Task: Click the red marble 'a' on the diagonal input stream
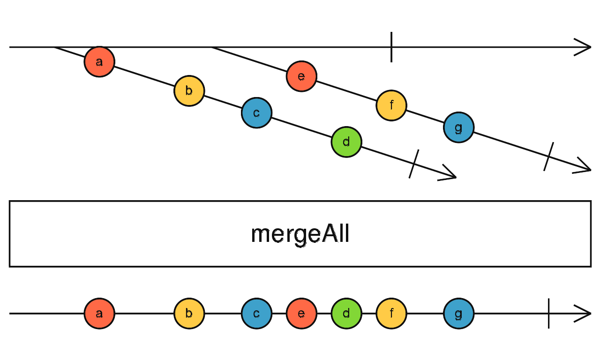[x=99, y=61]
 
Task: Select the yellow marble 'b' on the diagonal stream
[x=189, y=91]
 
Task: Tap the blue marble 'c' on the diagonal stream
[x=256, y=113]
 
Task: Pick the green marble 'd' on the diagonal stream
[x=346, y=142]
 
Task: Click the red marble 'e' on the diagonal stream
[x=301, y=76]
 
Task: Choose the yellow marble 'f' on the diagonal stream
[x=391, y=105]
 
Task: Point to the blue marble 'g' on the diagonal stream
[x=458, y=127]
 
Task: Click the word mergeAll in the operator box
[x=300, y=234]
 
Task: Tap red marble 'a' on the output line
[x=99, y=314]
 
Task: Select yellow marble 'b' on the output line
[x=189, y=314]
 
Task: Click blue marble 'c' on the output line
[x=256, y=314]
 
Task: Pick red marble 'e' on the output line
[x=301, y=314]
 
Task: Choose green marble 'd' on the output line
[x=346, y=314]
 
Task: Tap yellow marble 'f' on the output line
[x=391, y=314]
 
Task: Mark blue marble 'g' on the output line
[x=458, y=314]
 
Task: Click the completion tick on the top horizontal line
[x=391, y=47]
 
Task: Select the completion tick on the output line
[x=548, y=314]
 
